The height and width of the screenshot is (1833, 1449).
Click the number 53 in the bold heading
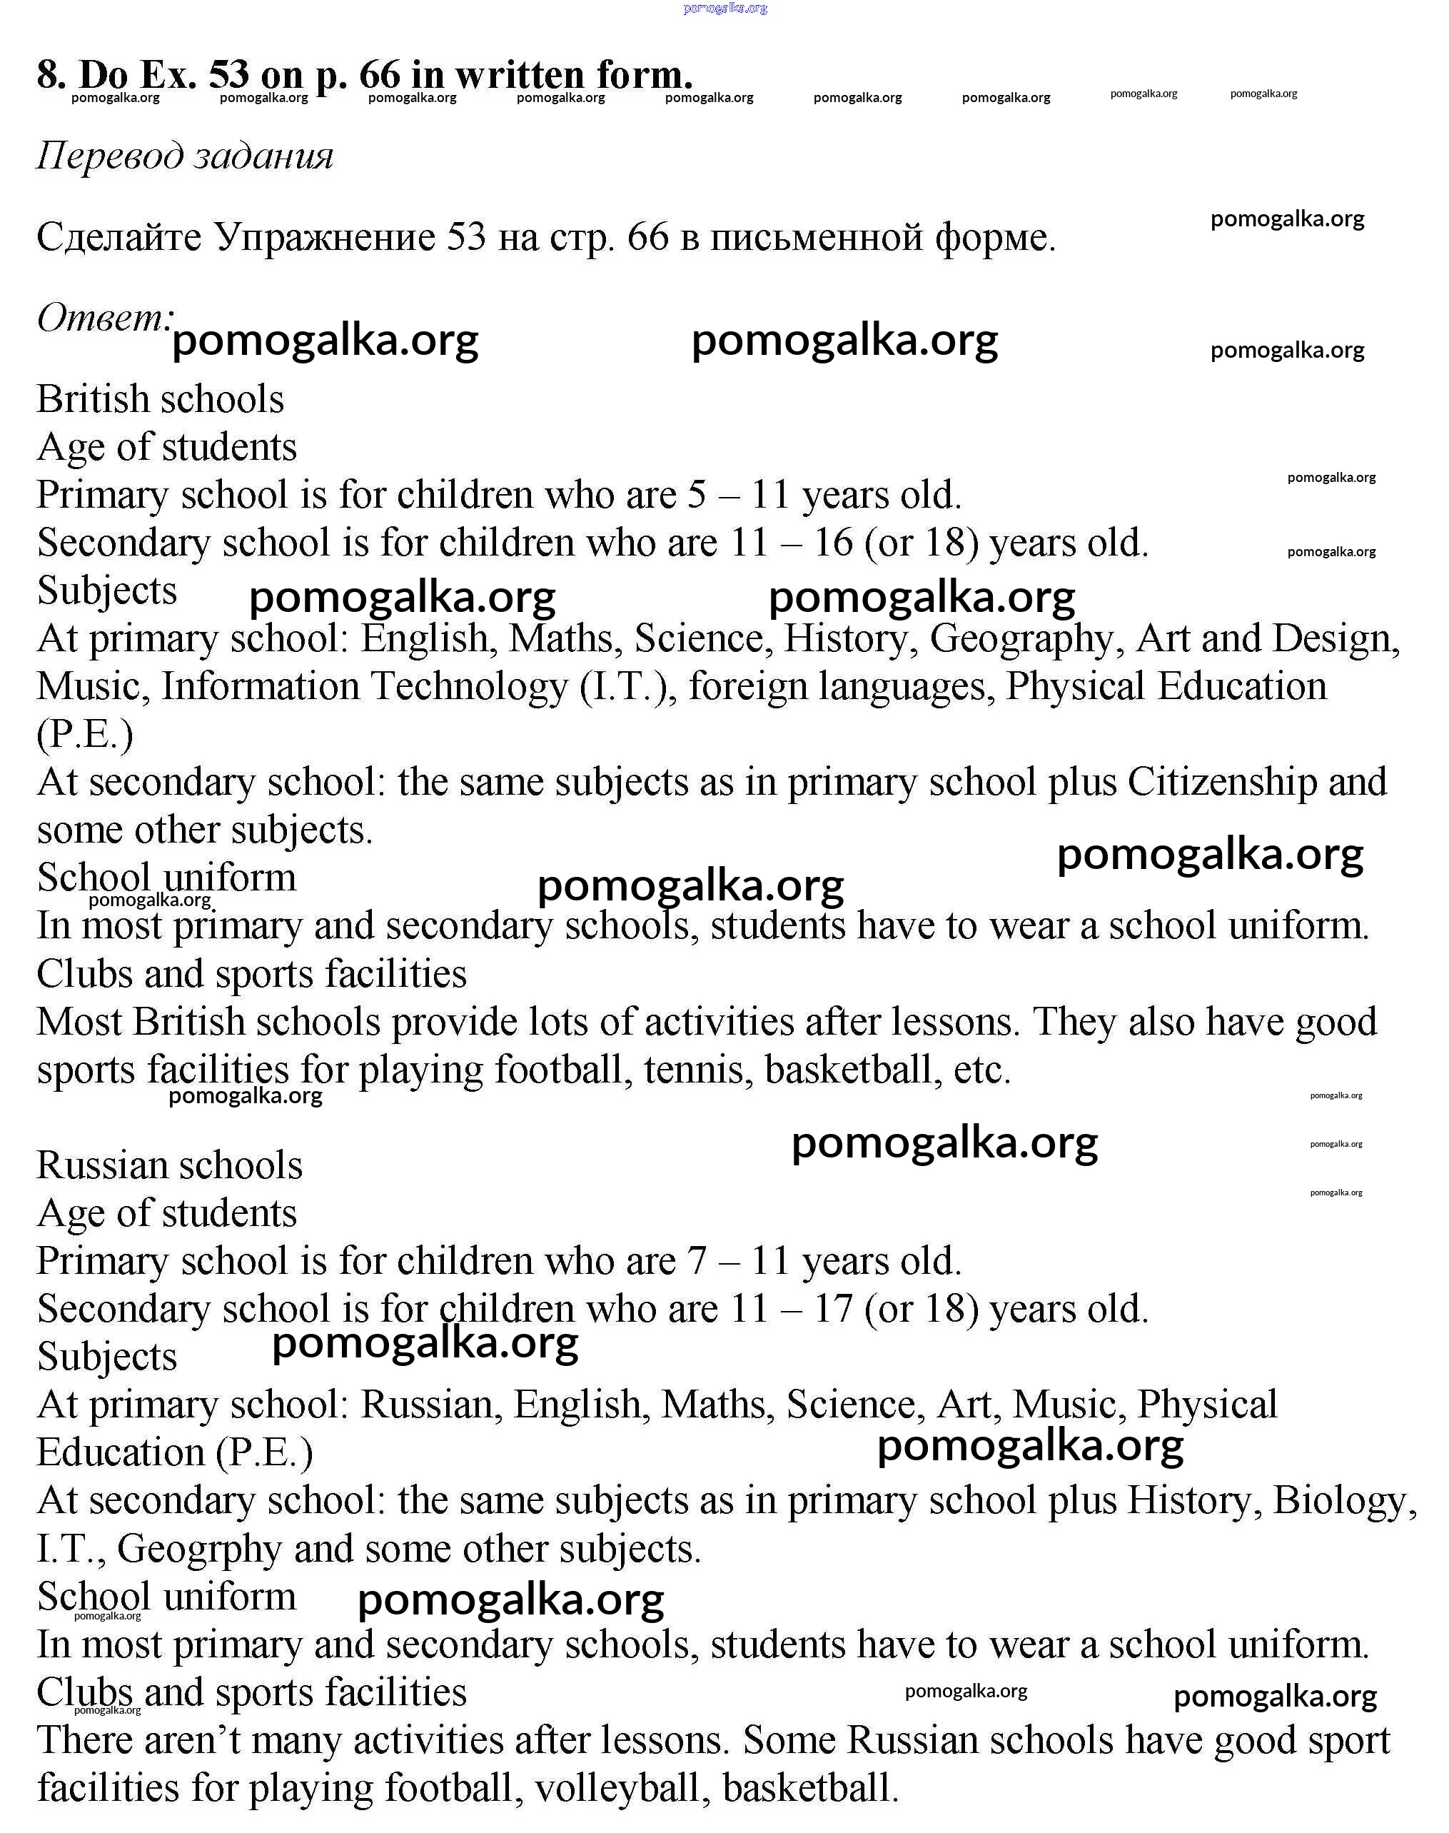(229, 75)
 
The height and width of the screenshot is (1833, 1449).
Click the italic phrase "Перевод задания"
(185, 156)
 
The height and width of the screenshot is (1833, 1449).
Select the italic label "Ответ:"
(104, 318)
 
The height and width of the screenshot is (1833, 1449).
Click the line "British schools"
(161, 399)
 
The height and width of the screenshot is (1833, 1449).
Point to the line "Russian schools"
(170, 1165)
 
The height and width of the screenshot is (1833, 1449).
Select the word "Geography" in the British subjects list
(1021, 638)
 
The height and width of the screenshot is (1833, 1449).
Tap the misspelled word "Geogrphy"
(199, 1549)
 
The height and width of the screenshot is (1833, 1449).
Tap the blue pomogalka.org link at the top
(724, 9)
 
